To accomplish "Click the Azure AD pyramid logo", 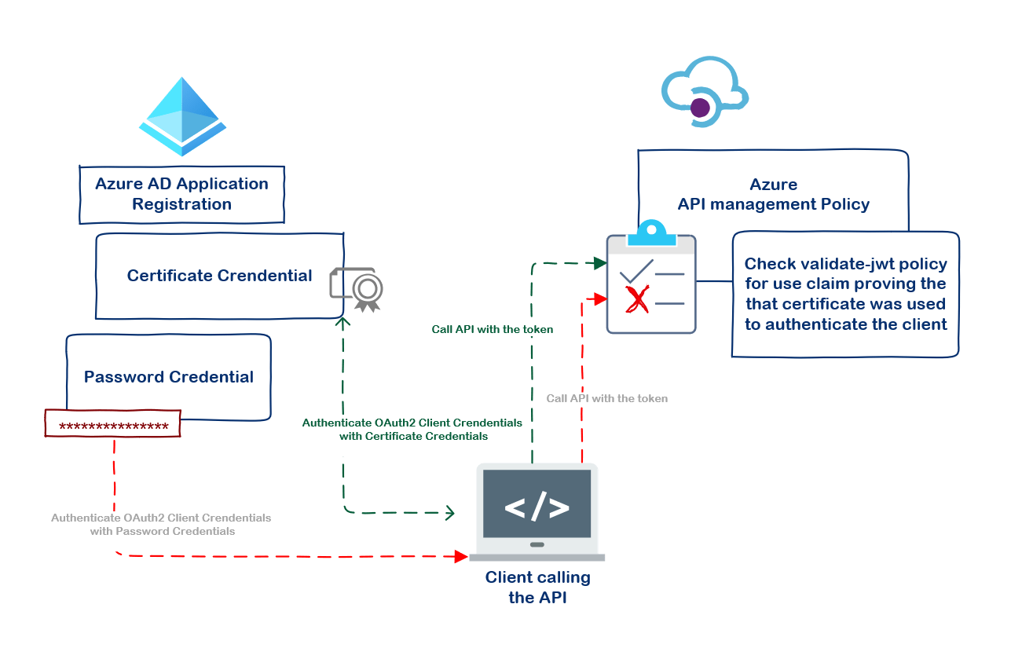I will (182, 115).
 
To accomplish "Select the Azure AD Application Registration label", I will (181, 194).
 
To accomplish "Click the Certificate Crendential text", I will (219, 276).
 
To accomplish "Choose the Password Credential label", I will (168, 377).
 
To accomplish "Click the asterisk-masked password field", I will (113, 427).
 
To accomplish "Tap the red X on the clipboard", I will (636, 299).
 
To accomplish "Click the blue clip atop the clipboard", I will (651, 232).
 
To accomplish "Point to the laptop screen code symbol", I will (537, 507).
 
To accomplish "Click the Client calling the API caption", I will (537, 588).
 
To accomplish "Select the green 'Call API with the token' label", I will (492, 329).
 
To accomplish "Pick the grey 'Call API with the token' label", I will (606, 398).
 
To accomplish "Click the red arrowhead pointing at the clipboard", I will (601, 298).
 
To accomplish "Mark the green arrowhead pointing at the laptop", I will (450, 513).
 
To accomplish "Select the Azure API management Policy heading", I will (773, 195).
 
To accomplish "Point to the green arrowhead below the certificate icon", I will (342, 322).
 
